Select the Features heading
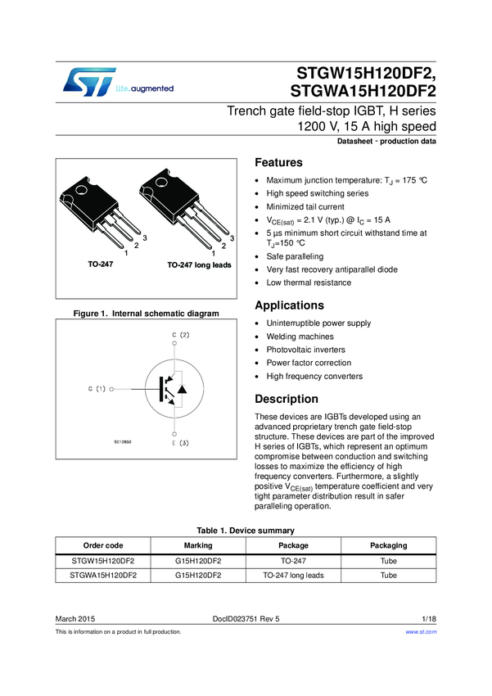coord(279,162)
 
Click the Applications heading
coord(291,305)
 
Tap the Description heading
coord(287,399)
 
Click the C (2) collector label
coord(181,335)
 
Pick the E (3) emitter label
coord(181,443)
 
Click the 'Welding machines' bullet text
coord(300,337)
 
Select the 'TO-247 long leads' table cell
coord(293,576)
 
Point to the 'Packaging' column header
coord(388,545)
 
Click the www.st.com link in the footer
coord(422,632)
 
